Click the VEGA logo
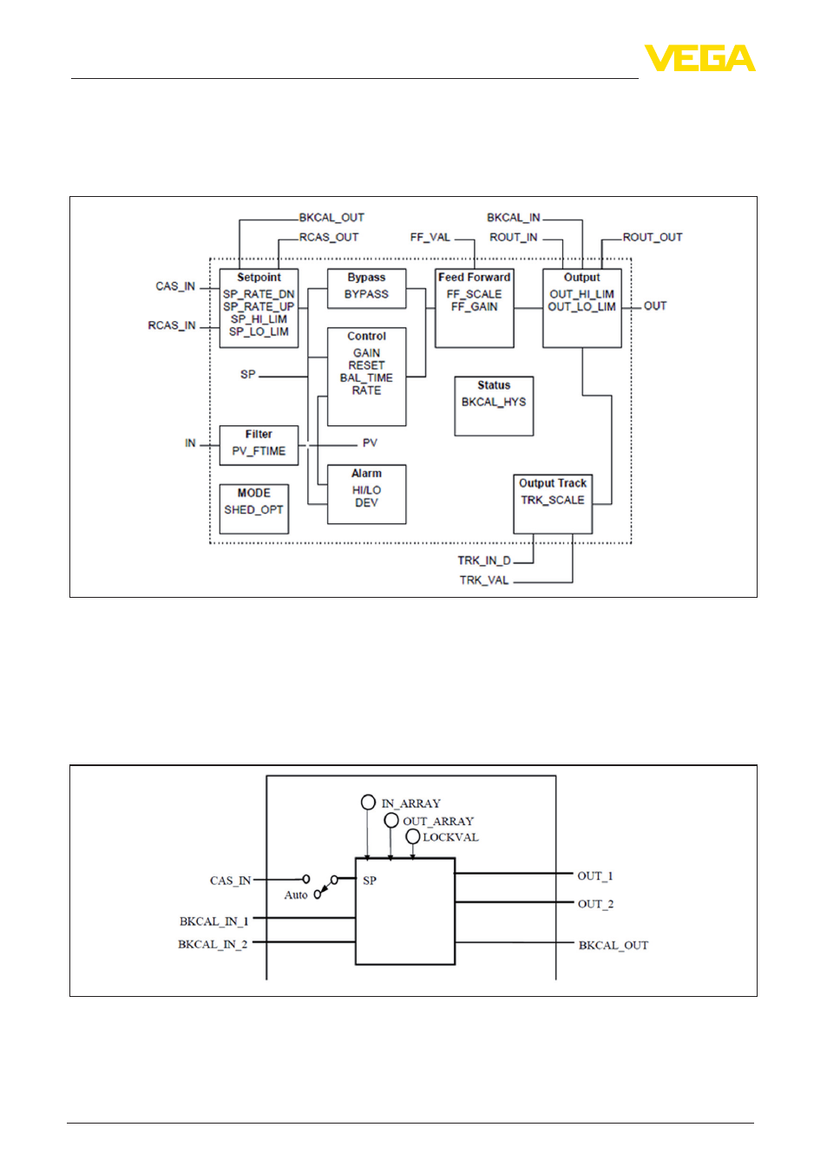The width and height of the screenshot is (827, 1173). pyautogui.click(x=699, y=57)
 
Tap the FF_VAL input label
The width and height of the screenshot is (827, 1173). pyautogui.click(x=430, y=238)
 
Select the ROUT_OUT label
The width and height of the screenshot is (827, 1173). pyautogui.click(x=653, y=238)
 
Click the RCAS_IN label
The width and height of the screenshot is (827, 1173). pyautogui.click(x=172, y=325)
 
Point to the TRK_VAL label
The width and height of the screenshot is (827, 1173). pyautogui.click(x=484, y=580)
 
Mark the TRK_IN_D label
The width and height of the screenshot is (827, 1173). pyautogui.click(x=484, y=560)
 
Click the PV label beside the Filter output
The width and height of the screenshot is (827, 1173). pyautogui.click(x=370, y=443)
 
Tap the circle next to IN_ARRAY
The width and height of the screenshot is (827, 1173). pyautogui.click(x=368, y=803)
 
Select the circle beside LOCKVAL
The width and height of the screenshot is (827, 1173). pyautogui.click(x=413, y=837)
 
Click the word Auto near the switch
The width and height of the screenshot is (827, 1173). pyautogui.click(x=296, y=895)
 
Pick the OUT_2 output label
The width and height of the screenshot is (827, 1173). pyautogui.click(x=595, y=904)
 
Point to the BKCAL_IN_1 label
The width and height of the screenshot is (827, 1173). pyautogui.click(x=213, y=921)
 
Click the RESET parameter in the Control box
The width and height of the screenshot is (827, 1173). pyautogui.click(x=366, y=365)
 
